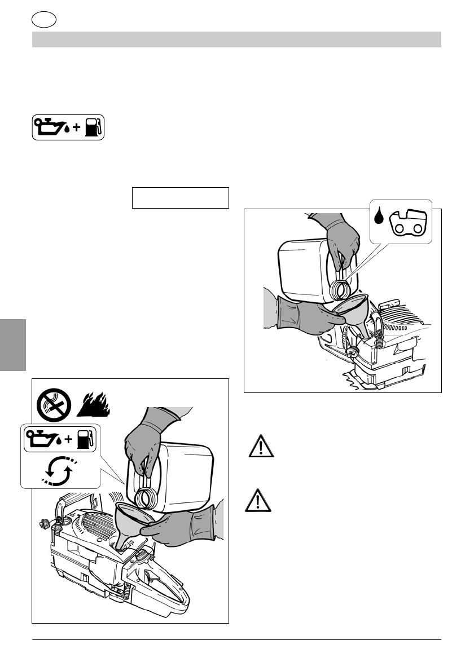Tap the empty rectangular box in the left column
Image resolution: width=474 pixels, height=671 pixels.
click(180, 198)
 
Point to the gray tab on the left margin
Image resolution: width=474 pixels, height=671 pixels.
click(13, 345)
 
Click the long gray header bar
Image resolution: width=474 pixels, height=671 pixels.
click(236, 39)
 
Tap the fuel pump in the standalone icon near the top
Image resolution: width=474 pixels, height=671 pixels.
click(93, 128)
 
